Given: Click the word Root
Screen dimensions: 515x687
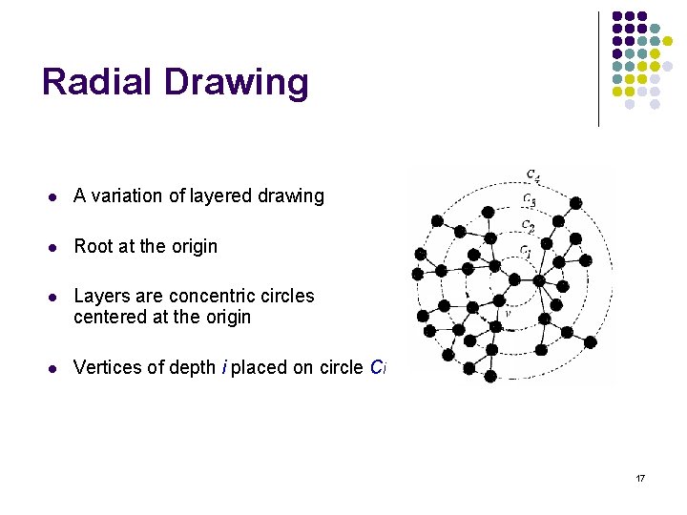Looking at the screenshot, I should (94, 246).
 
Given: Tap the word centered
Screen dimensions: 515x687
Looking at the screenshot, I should (110, 317).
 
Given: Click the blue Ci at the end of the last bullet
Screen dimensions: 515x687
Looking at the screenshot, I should (378, 368).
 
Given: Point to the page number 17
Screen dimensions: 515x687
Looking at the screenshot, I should (640, 477).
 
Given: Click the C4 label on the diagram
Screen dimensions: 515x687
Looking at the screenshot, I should (532, 175).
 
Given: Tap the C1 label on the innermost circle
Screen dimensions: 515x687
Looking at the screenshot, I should (526, 252).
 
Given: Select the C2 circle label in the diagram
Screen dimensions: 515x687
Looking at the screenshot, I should (528, 226).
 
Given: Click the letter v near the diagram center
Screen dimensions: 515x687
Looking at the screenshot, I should (508, 311).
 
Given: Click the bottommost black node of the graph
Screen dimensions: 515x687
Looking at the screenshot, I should (490, 376).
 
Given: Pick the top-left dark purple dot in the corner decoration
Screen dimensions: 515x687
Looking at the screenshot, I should (617, 17).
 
